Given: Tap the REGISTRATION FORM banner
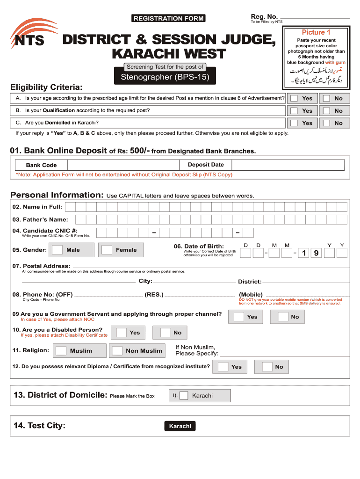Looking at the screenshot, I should coord(168,18).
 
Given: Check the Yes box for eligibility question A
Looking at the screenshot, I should coord(295,98).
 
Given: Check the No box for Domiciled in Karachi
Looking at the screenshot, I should coord(326,123).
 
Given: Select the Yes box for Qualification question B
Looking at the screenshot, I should coord(295,111).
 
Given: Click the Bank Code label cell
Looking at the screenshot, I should coord(41,165).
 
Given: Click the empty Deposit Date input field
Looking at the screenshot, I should coord(288,165).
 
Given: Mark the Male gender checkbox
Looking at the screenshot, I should coord(58,250).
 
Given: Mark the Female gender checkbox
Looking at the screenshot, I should coord(107,250).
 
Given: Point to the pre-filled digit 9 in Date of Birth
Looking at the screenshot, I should coord(317,253).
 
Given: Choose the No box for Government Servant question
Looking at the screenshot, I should coord(283,317).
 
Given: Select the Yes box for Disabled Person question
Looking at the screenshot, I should coord(122,333).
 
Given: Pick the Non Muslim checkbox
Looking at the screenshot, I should coord(117,350).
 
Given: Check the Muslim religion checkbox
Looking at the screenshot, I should coord(61,350).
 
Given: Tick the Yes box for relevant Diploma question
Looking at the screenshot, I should coord(223,367).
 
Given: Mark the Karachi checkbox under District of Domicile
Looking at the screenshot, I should coord(184,395).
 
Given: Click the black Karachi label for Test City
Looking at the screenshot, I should coord(180,426).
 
